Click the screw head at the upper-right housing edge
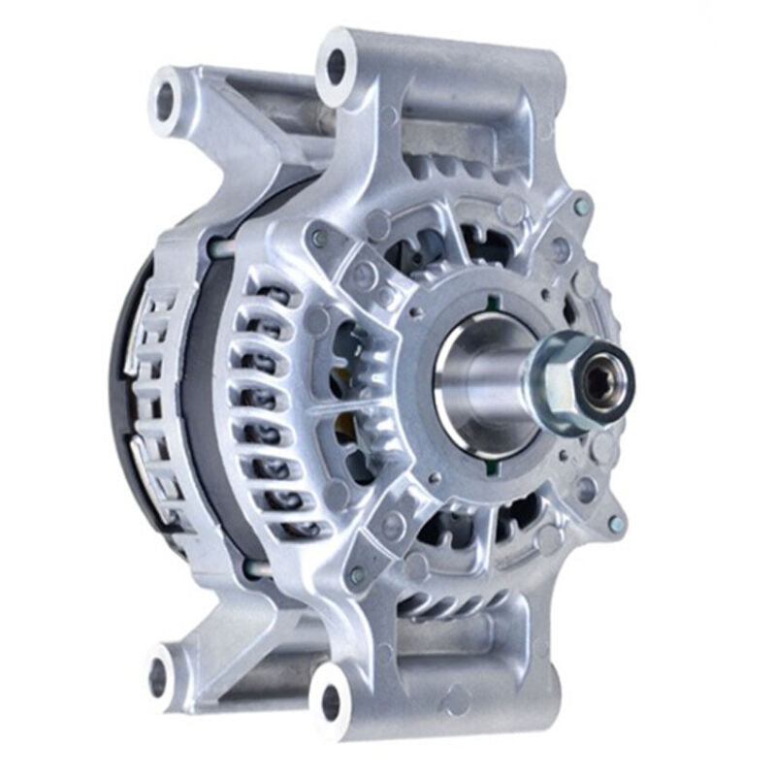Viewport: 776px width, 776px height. tap(581, 207)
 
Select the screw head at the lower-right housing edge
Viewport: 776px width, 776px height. tap(613, 524)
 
